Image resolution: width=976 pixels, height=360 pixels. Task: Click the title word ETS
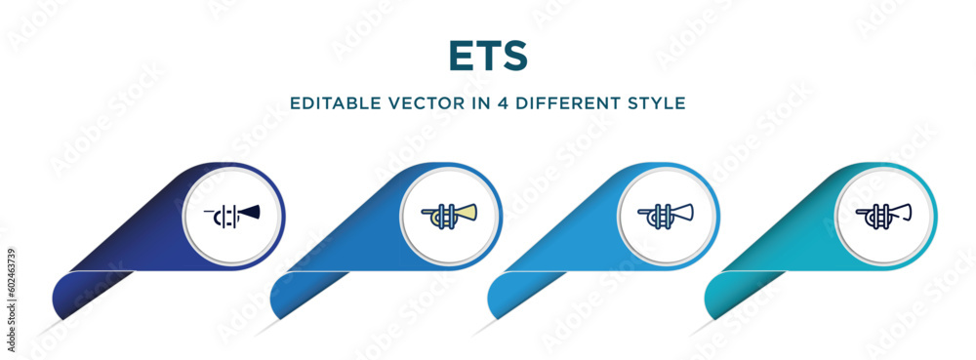[x=487, y=57]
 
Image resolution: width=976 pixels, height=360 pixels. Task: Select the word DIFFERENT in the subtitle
[x=570, y=102]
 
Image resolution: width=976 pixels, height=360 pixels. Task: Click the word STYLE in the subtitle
[x=660, y=102]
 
